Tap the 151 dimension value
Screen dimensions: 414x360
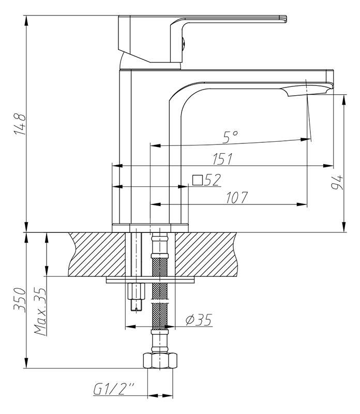[x=222, y=158]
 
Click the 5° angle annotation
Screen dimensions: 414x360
[x=230, y=137]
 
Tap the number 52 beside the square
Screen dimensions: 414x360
[x=212, y=180]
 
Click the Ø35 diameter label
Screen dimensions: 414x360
[x=198, y=320]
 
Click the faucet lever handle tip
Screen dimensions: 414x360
[x=282, y=20]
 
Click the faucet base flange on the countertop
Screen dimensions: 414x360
[x=150, y=227]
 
